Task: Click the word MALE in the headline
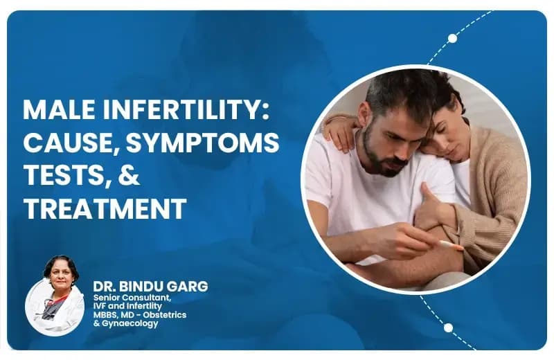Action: pyautogui.click(x=57, y=111)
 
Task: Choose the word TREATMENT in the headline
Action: pyautogui.click(x=105, y=208)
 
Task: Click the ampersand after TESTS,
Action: pyautogui.click(x=129, y=176)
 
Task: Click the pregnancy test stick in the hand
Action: pyautogui.click(x=449, y=244)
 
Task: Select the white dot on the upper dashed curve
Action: pyautogui.click(x=452, y=38)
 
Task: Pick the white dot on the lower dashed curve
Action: pyautogui.click(x=448, y=327)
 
